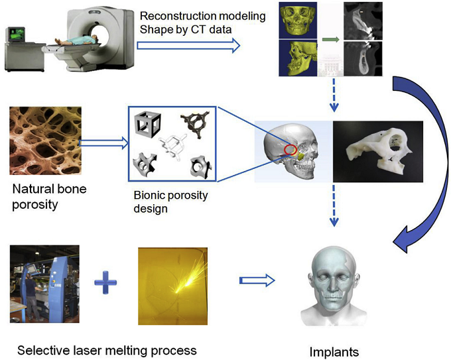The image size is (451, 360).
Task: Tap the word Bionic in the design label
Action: [x=145, y=196]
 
